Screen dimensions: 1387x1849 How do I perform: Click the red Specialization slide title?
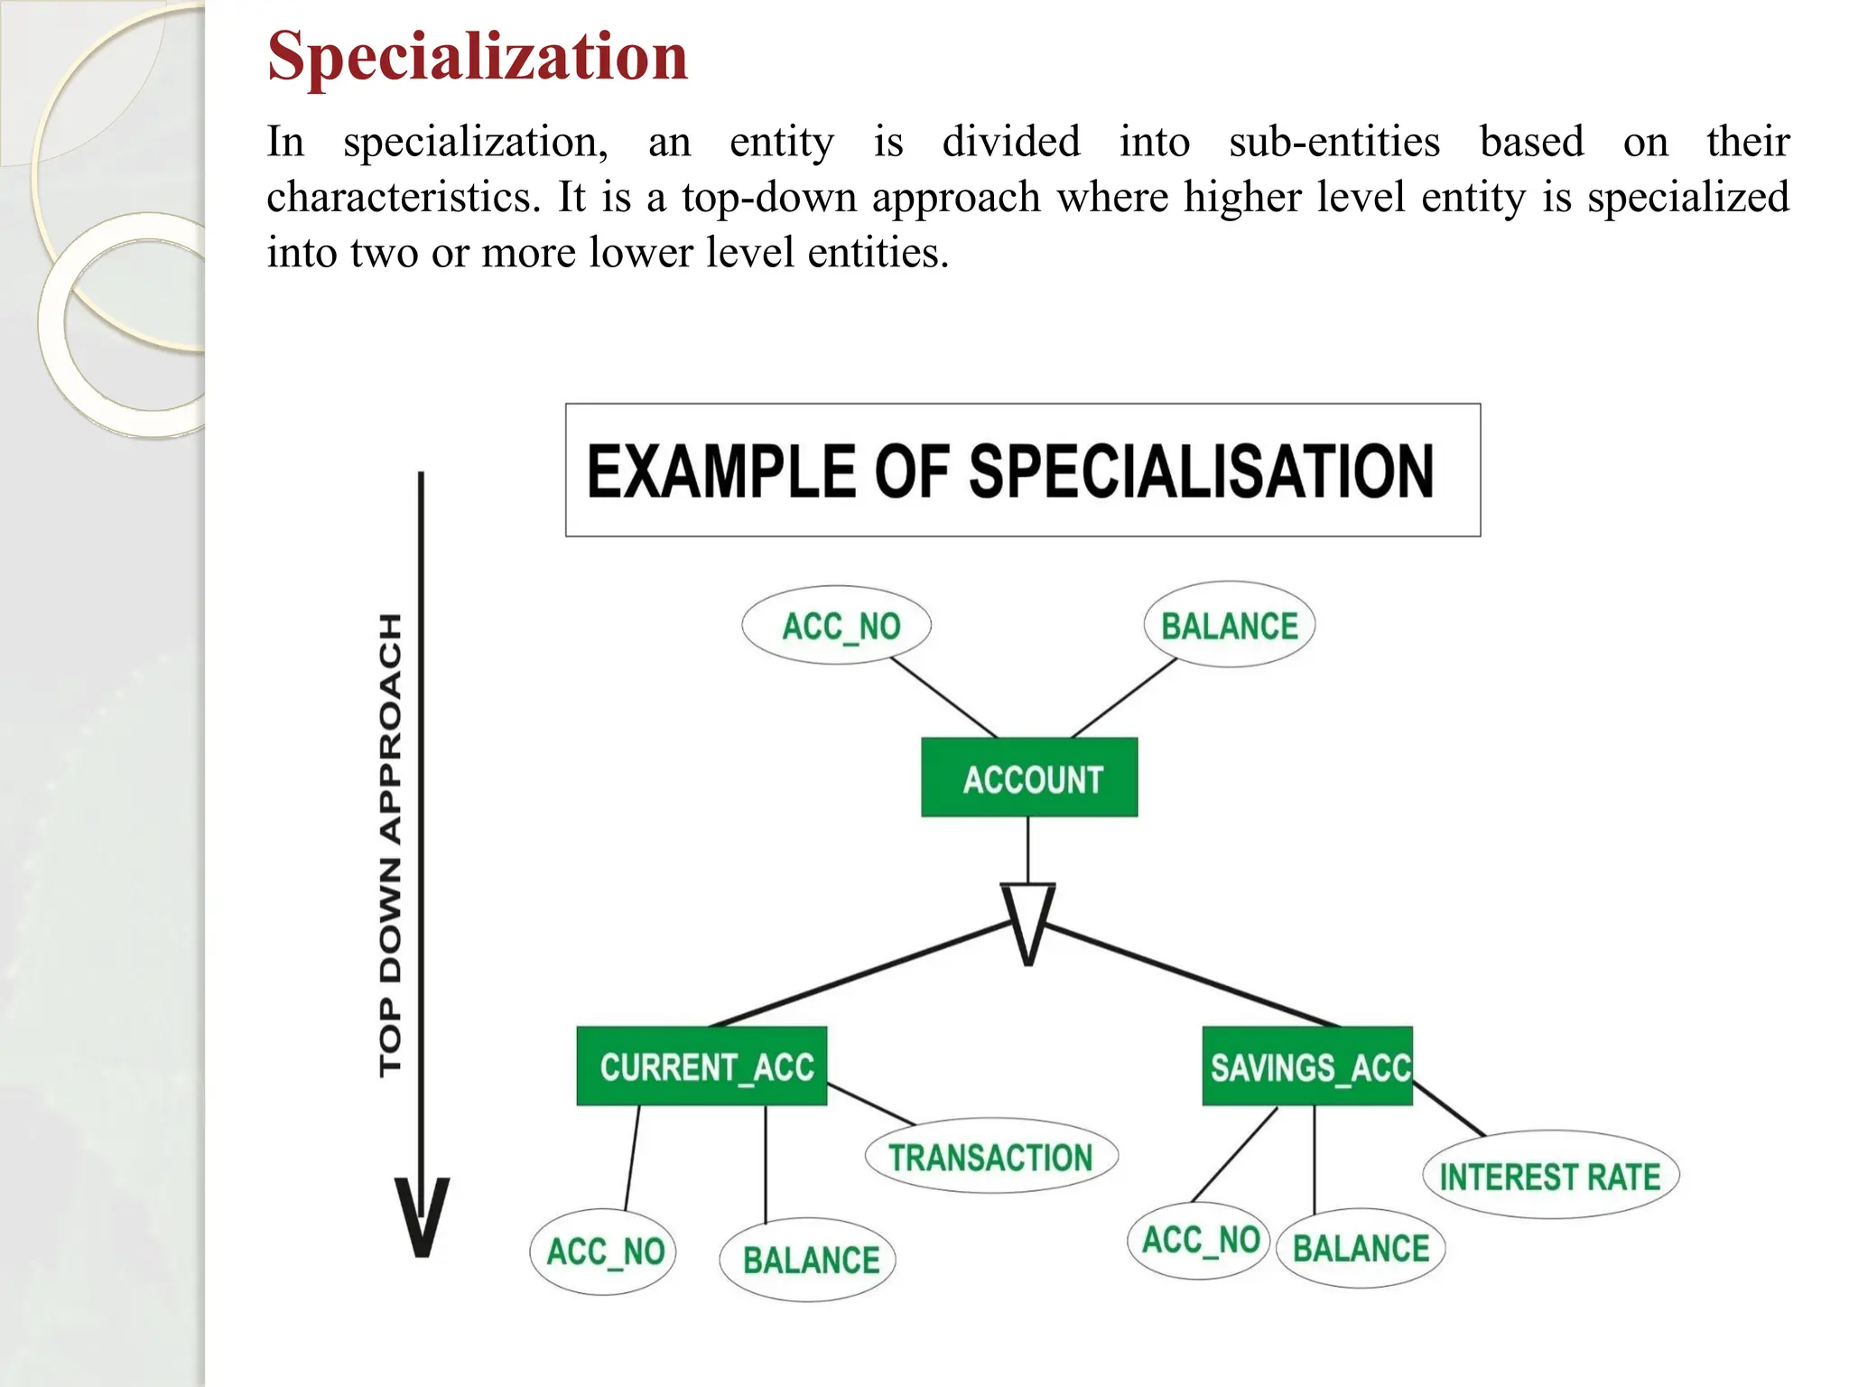(478, 56)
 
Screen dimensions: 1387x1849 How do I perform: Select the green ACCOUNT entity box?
(1029, 777)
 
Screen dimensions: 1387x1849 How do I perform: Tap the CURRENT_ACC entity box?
(702, 1066)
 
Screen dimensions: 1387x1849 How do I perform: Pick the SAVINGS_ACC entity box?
(1307, 1066)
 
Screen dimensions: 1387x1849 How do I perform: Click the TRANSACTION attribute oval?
(991, 1157)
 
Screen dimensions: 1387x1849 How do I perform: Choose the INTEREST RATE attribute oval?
(1550, 1176)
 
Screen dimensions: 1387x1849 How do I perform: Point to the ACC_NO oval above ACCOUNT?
(837, 625)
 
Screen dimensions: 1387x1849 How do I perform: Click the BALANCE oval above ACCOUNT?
(1229, 625)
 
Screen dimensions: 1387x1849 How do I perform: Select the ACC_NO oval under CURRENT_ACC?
(603, 1252)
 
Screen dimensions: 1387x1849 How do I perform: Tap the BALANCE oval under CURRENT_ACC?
(808, 1260)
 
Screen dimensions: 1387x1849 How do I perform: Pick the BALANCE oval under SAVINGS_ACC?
(1361, 1248)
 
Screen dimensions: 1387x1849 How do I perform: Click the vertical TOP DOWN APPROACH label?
(390, 844)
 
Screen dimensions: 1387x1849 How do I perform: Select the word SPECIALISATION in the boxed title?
(1201, 471)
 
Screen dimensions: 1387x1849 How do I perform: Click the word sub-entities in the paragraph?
(1334, 142)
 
